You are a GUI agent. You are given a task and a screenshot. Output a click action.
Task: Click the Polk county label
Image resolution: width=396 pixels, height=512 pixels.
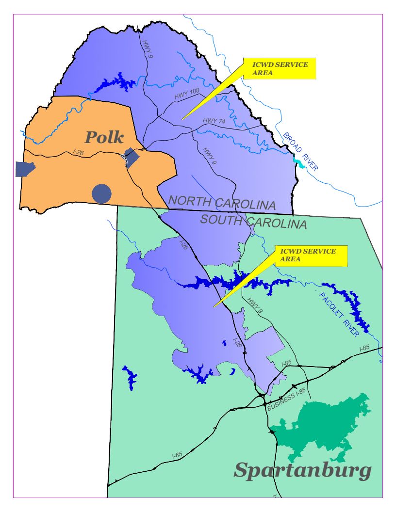click(104, 137)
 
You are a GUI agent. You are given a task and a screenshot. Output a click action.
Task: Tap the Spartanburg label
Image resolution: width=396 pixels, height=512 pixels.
click(303, 470)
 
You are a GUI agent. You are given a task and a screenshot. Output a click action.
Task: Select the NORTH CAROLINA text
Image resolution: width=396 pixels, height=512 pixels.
click(222, 202)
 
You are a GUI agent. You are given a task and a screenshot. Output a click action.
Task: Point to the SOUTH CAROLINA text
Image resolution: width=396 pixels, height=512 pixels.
click(253, 222)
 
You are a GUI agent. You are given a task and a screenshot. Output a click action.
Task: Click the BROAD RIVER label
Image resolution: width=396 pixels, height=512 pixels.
click(301, 151)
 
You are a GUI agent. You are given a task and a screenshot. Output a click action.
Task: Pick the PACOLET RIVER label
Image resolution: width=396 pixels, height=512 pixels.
click(339, 314)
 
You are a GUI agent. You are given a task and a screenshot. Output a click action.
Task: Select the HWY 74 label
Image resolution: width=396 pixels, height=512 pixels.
click(214, 121)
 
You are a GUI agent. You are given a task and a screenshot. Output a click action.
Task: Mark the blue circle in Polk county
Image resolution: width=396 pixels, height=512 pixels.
click(101, 193)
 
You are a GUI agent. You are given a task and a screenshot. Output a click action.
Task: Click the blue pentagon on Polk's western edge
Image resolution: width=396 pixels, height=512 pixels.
click(24, 169)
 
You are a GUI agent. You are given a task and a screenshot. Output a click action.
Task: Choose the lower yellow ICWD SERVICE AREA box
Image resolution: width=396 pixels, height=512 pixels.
click(312, 256)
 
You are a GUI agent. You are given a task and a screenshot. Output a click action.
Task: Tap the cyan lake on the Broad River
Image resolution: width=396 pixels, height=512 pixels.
click(299, 163)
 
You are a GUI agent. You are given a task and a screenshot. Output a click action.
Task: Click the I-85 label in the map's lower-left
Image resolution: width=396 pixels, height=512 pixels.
click(177, 455)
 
